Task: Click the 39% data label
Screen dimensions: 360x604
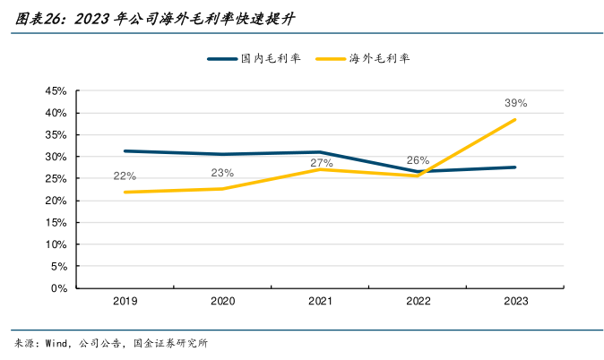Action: click(x=515, y=103)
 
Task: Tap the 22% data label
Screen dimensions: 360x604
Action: click(x=125, y=176)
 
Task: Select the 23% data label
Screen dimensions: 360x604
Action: click(x=222, y=173)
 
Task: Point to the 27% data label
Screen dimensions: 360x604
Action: click(x=321, y=163)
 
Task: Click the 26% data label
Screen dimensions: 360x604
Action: click(x=418, y=160)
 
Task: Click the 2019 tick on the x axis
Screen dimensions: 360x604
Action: click(x=125, y=302)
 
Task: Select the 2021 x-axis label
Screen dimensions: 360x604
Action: click(x=320, y=302)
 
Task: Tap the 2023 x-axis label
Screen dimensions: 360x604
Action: click(x=515, y=302)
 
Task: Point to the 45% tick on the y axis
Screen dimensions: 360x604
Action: click(x=56, y=91)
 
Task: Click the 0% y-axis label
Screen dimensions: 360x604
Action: click(x=59, y=288)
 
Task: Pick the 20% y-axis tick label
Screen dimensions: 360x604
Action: click(x=56, y=201)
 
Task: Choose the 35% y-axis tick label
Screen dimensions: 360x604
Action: click(x=56, y=135)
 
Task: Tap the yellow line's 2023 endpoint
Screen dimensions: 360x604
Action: click(x=515, y=120)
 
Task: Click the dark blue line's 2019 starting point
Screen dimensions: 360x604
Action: click(x=125, y=150)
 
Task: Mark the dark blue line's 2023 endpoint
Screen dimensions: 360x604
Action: click(x=515, y=167)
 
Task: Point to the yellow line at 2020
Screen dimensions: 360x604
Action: click(x=222, y=188)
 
